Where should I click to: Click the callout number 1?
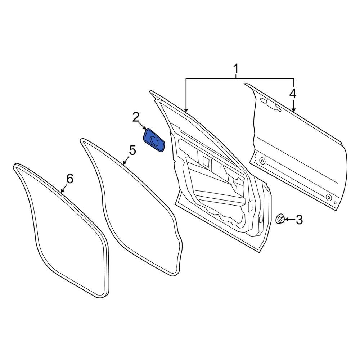(x=236, y=68)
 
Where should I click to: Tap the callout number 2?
(x=136, y=117)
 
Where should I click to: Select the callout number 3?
(x=299, y=219)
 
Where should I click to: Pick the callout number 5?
(x=132, y=150)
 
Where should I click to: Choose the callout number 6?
(x=69, y=178)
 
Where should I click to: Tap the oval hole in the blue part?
(x=155, y=142)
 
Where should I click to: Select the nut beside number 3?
(x=280, y=219)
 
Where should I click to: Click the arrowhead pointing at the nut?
(x=287, y=219)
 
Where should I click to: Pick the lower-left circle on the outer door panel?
(x=262, y=161)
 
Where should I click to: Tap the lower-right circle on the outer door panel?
(x=329, y=197)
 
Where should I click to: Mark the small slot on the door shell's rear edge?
(x=260, y=219)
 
